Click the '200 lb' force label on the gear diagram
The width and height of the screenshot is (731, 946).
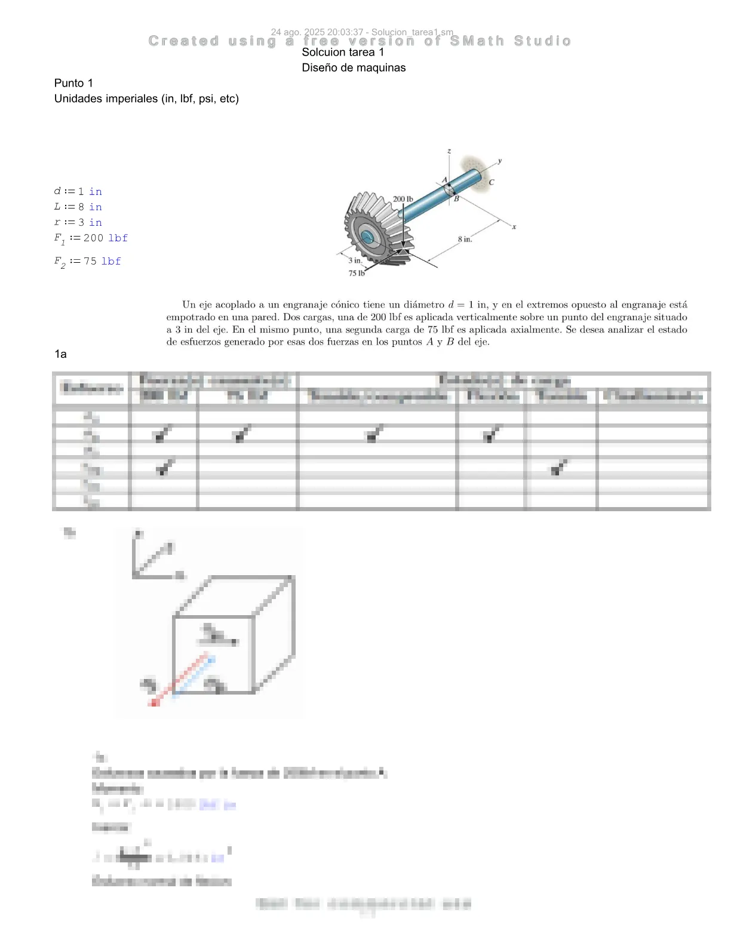[x=403, y=199]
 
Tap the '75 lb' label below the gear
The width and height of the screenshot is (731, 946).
[x=357, y=274]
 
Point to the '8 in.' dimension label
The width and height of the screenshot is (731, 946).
[x=465, y=239]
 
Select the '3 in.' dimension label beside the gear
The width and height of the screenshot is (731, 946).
[x=355, y=260]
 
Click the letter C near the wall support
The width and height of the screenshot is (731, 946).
[x=492, y=183]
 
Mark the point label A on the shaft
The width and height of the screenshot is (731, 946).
[x=444, y=180]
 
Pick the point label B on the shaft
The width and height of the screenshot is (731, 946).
[x=456, y=199]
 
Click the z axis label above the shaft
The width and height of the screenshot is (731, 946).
[x=449, y=152]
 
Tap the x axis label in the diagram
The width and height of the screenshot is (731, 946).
[x=514, y=227]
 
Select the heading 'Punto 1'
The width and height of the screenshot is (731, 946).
[x=73, y=83]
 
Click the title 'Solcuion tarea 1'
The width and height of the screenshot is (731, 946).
[x=343, y=52]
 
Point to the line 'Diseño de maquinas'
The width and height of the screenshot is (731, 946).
[x=354, y=67]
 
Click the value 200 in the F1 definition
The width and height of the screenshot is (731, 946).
[x=93, y=238]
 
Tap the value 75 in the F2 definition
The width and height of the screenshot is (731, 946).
[x=90, y=261]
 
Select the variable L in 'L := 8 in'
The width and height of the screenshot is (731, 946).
[x=57, y=207]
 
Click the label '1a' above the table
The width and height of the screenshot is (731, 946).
[x=60, y=354]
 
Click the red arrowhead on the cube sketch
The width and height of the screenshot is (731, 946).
[x=153, y=702]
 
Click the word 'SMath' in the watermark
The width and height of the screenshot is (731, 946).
[x=477, y=41]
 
